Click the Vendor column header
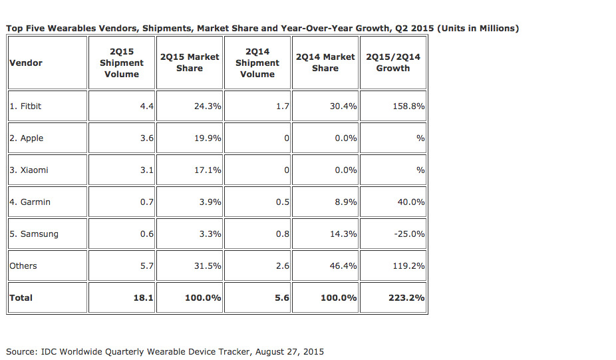tap(26, 63)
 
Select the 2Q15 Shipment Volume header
tap(122, 63)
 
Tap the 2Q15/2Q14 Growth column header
tap(393, 63)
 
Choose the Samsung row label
tap(34, 234)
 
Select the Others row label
tap(23, 266)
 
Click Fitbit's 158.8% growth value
tap(408, 106)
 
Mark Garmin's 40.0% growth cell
tap(411, 202)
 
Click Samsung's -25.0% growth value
tap(410, 234)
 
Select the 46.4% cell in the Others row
tap(343, 266)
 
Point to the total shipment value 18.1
tap(144, 297)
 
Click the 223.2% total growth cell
tap(406, 297)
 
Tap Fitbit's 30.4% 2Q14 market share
tap(343, 106)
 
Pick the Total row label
tap(21, 297)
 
